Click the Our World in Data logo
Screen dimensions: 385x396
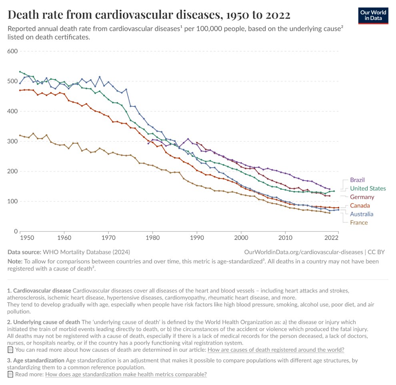(373, 15)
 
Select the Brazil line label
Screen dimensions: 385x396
(357, 180)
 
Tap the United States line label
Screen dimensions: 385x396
(368, 188)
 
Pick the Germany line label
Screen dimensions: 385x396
(362, 197)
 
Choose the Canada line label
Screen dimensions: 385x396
(360, 206)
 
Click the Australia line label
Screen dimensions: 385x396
(362, 214)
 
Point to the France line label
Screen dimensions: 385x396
(358, 223)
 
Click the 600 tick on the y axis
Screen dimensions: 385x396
(13, 51)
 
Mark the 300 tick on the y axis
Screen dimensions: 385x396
(13, 141)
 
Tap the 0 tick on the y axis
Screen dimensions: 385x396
(16, 231)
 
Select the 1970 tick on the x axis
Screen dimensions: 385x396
(108, 237)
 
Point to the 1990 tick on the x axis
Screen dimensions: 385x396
(196, 237)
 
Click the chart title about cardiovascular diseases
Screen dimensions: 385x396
(149, 15)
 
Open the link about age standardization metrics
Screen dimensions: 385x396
(126, 375)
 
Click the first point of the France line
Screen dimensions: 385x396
(20, 135)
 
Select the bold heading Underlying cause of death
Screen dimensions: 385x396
(46, 322)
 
